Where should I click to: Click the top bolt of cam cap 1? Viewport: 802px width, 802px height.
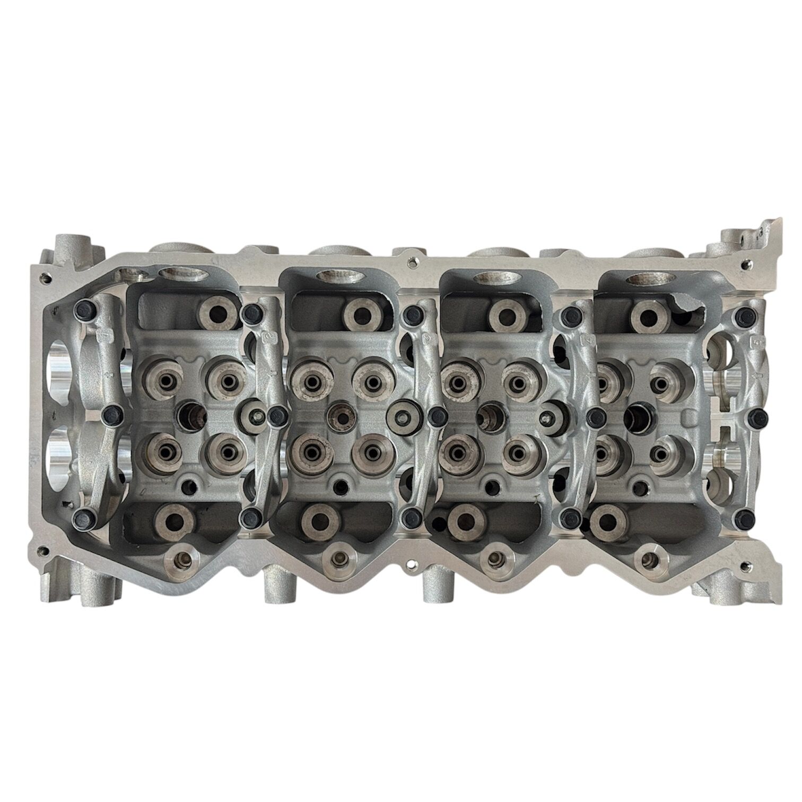coord(84,308)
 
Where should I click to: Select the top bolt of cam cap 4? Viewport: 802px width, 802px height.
coord(570,314)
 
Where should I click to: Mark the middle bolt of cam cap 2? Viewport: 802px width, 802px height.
coord(276,416)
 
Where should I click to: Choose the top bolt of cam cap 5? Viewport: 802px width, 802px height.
coord(742,317)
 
